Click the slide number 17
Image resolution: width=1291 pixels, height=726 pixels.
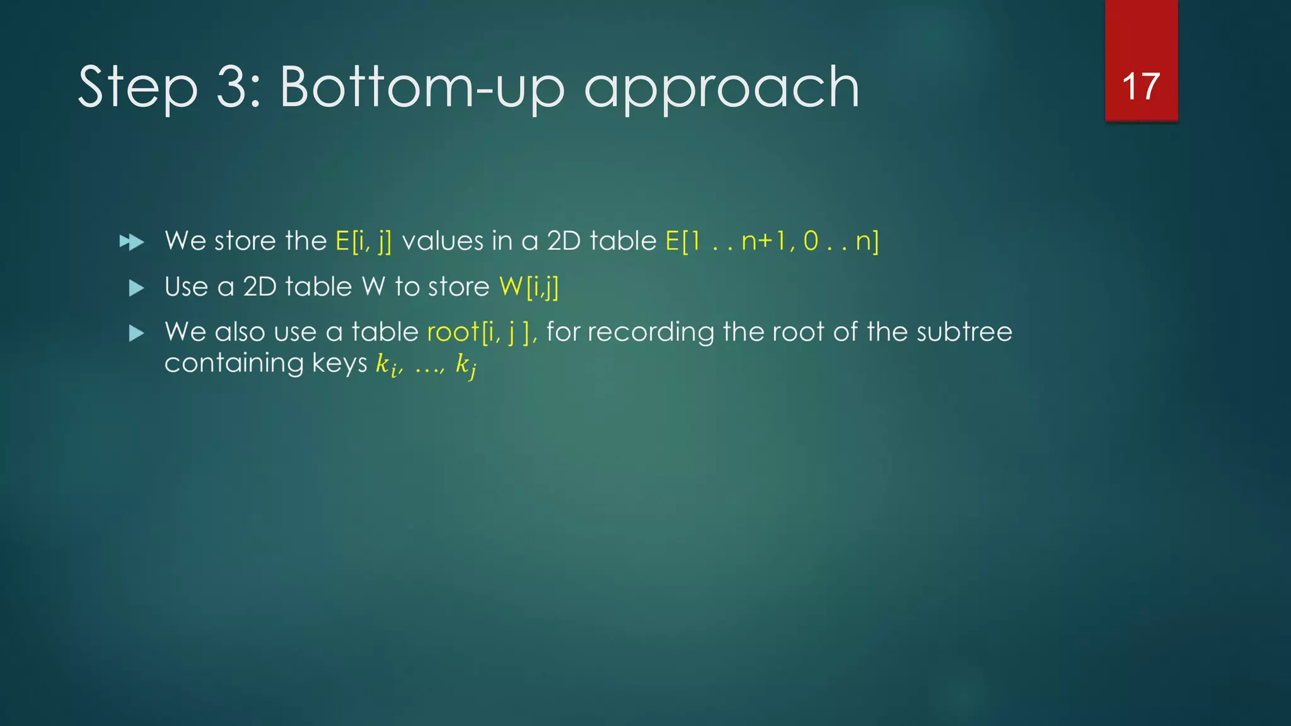coord(1140,86)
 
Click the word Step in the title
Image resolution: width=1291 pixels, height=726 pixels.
coord(137,88)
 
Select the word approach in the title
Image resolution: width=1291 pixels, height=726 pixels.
coord(722,89)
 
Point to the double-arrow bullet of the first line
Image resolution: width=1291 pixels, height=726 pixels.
coord(132,242)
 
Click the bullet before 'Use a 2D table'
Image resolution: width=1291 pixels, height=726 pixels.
coord(136,288)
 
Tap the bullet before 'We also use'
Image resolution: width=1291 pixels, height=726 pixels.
coord(136,333)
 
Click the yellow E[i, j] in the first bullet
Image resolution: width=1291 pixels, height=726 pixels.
coord(363,241)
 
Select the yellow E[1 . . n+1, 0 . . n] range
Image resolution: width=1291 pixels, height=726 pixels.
coord(772,241)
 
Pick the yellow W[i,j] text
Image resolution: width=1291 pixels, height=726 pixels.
coord(528,287)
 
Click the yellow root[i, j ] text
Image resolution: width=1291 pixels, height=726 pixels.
coord(481,332)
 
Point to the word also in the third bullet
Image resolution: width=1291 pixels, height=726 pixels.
coord(240,332)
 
